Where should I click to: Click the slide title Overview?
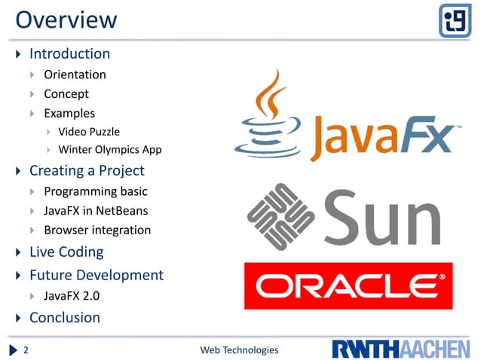click(66, 20)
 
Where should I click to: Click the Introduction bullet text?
click(69, 54)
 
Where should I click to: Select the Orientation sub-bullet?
click(75, 75)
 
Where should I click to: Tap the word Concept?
click(66, 94)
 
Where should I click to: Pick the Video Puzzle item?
click(89, 132)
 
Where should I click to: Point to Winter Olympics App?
click(110, 150)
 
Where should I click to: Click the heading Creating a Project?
click(87, 171)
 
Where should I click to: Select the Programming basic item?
click(95, 191)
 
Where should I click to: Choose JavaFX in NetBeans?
click(96, 211)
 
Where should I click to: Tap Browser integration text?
click(97, 230)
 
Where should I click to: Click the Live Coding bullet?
click(66, 252)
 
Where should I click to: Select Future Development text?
click(96, 275)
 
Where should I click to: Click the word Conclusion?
click(65, 318)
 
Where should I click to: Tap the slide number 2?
click(26, 350)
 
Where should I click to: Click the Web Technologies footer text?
click(239, 350)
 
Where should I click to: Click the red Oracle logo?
click(348, 286)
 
